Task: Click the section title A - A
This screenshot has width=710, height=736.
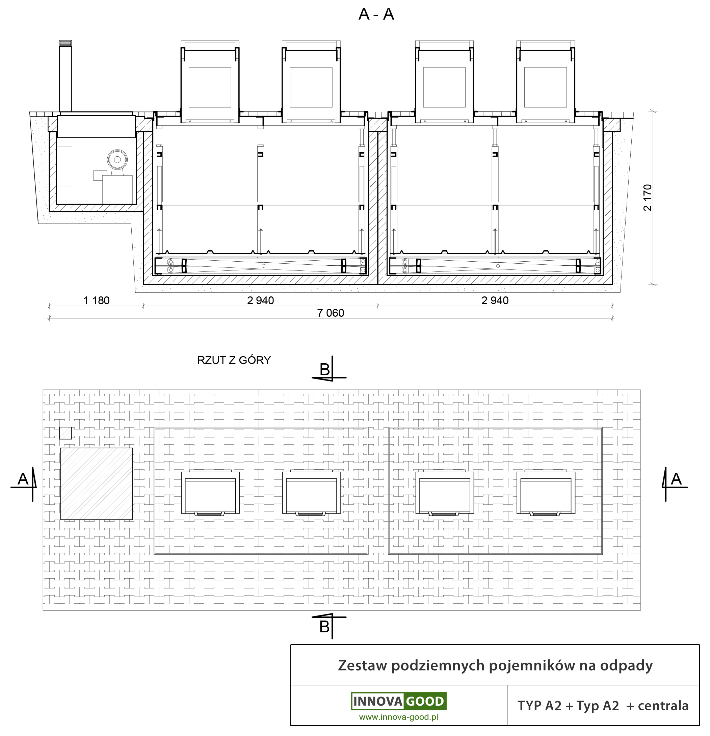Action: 376,14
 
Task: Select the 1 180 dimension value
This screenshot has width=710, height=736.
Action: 96,300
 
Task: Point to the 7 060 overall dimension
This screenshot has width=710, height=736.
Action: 331,313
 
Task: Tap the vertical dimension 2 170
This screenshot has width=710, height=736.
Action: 648,198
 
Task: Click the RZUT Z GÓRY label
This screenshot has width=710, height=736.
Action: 234,360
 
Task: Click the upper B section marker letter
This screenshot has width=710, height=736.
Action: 325,369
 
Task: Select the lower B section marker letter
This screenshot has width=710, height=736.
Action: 324,627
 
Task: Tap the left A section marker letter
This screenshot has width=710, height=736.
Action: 23,479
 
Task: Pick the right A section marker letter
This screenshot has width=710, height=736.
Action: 676,479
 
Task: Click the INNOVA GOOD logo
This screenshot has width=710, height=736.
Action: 399,701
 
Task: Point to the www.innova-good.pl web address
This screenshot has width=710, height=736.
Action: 399,717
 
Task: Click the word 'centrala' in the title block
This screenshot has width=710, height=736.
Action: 663,706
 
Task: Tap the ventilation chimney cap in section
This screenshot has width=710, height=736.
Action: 65,44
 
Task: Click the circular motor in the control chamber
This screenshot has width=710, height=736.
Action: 117,160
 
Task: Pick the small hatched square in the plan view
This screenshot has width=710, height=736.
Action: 65,433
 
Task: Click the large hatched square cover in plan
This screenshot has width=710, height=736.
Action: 97,484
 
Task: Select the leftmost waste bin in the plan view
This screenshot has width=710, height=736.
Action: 210,492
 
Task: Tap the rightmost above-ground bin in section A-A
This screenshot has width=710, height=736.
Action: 546,82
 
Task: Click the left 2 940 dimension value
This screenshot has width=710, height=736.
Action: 261,300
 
